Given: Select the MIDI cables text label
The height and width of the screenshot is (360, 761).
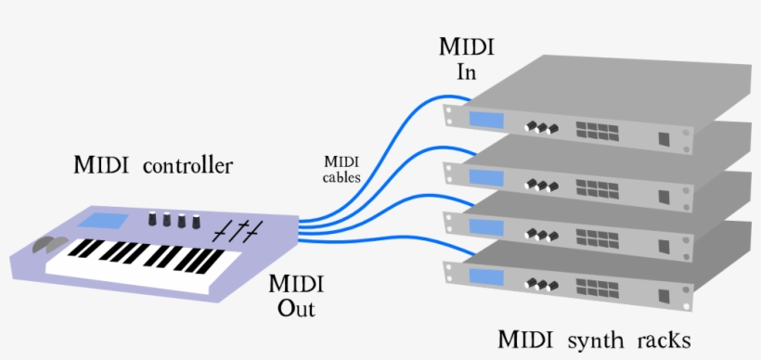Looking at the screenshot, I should (x=342, y=169).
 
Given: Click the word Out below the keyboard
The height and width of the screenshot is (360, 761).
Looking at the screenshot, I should (x=296, y=308).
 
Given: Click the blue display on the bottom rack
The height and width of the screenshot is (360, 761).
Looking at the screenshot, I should (x=484, y=276).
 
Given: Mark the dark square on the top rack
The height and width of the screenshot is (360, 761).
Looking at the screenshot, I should (x=664, y=139).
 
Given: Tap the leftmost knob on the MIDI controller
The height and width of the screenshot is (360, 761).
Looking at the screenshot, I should (x=153, y=219).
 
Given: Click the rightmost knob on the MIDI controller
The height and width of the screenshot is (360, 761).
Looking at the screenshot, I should (x=196, y=222).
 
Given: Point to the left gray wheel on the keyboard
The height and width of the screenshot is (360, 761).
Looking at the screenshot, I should (x=41, y=246).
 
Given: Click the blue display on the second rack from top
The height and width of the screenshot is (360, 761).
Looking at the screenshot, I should (x=484, y=174).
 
